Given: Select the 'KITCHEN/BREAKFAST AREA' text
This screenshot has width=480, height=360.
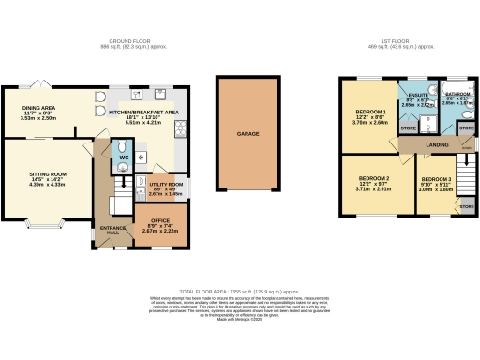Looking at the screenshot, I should tap(143, 112).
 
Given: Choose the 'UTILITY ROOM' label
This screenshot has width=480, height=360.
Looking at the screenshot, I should tap(166, 186).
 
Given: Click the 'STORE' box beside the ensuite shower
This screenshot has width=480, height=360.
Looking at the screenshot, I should tap(408, 128).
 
